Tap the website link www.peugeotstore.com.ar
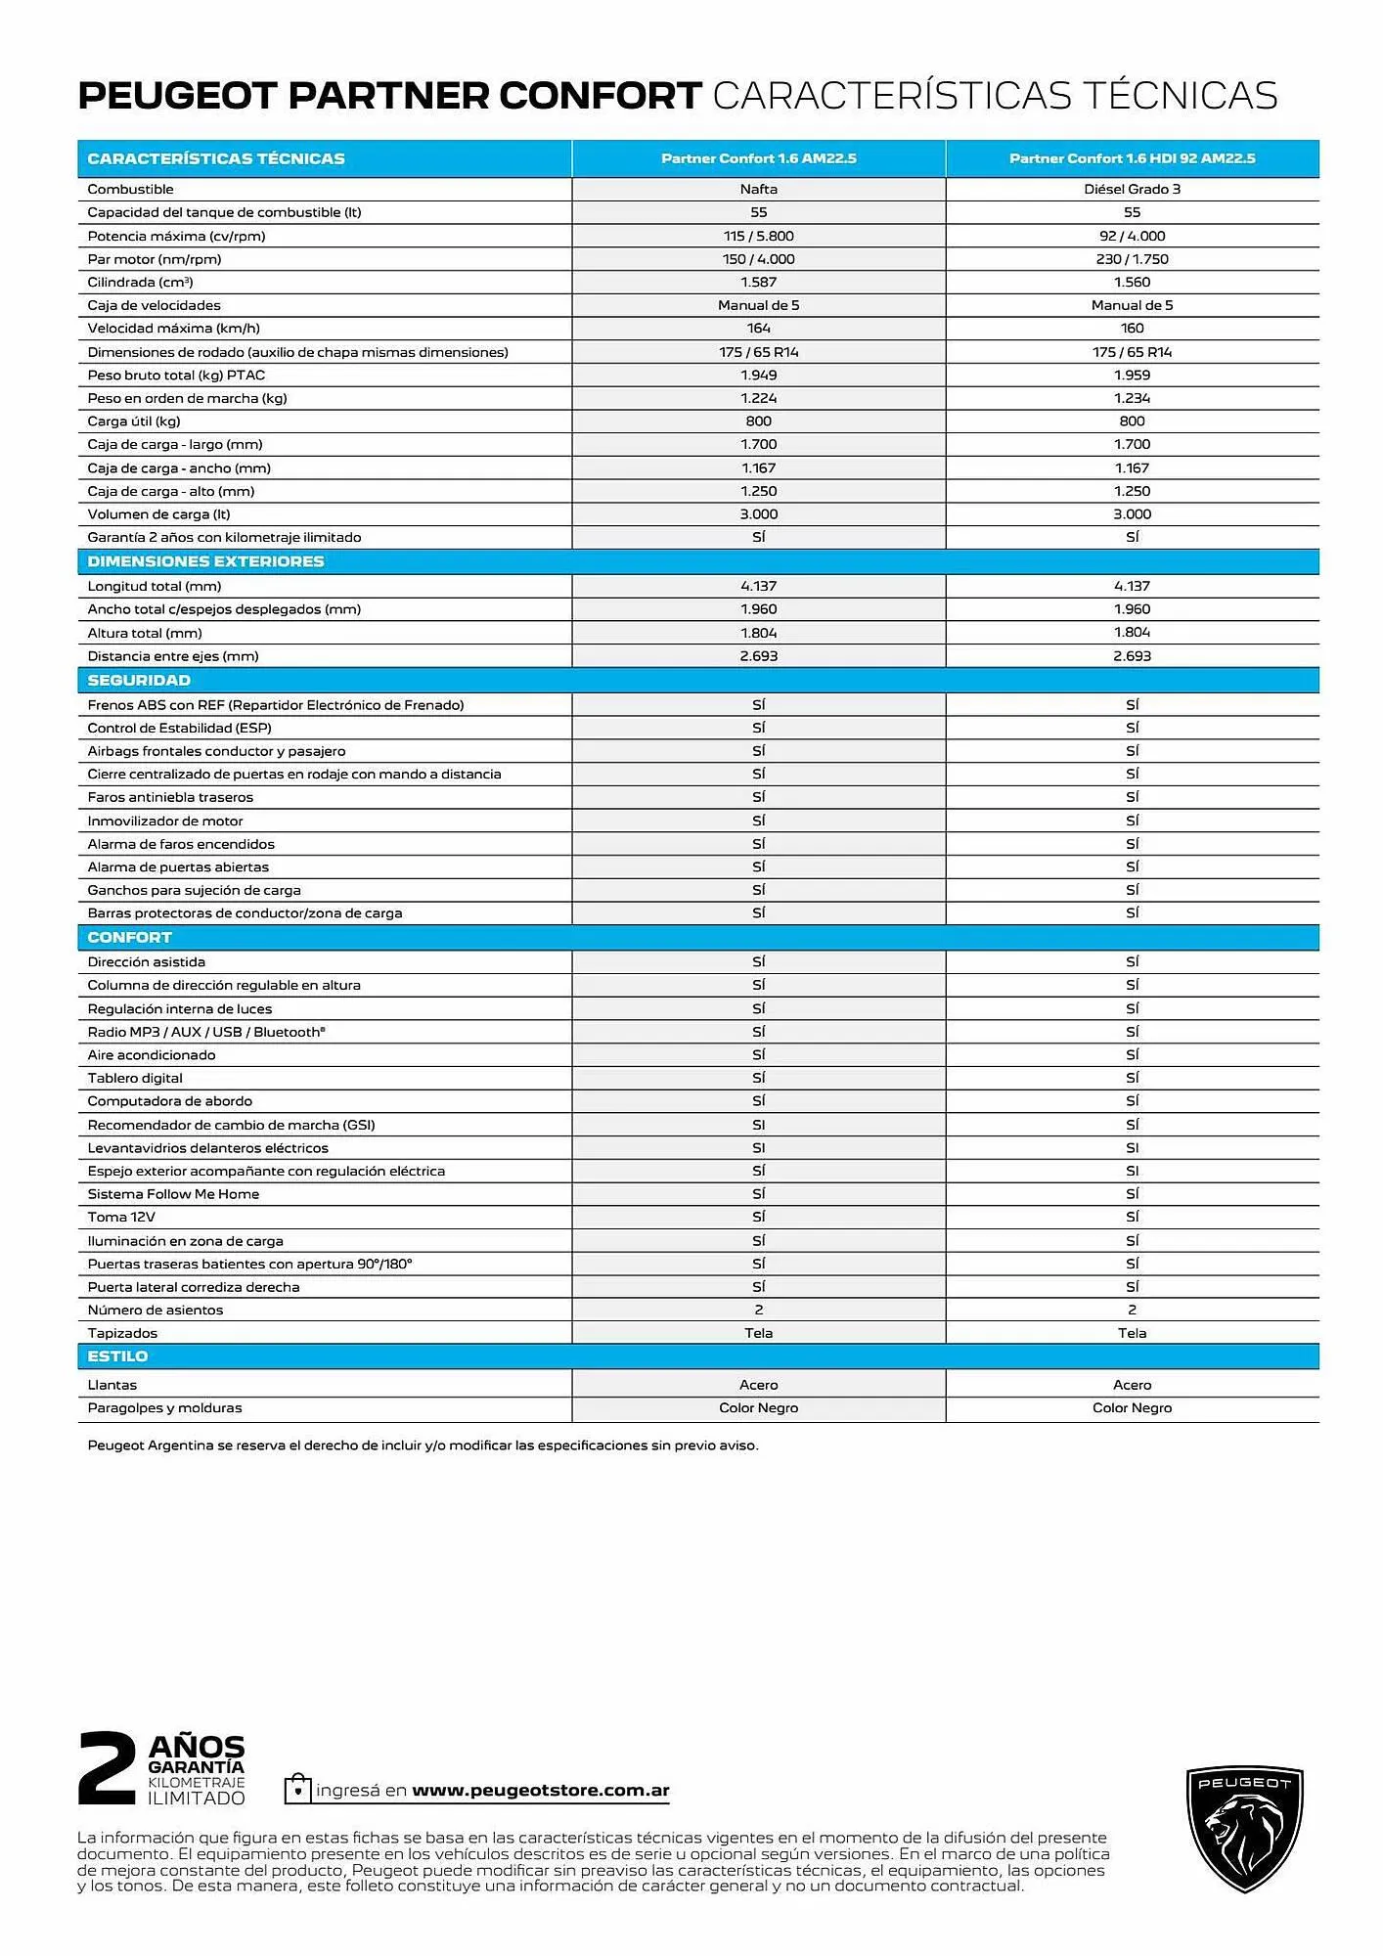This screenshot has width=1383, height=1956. pos(540,1791)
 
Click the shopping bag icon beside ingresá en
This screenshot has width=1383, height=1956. pos(297,1789)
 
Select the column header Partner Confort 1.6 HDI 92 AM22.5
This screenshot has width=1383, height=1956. pos(1132,158)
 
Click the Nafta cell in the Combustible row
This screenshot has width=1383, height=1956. pos(758,190)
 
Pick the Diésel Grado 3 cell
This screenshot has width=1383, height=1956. pos(1132,190)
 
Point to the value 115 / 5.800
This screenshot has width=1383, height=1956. pos(758,236)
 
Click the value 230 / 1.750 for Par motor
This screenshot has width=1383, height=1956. pos(1132,259)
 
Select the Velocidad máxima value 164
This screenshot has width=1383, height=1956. pos(758,329)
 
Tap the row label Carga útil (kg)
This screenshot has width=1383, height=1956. pos(134,422)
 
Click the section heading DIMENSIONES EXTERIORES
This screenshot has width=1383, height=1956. pos(205,561)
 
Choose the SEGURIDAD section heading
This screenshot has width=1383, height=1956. pos(139,680)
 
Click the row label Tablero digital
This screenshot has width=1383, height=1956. pos(135,1078)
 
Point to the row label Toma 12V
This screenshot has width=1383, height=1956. pos(121,1217)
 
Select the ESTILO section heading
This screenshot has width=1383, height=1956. pos(117,1356)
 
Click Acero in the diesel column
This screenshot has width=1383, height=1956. pos(1132,1385)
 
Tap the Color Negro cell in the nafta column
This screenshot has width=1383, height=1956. pos(758,1408)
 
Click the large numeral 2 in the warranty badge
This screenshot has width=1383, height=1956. pos(107,1768)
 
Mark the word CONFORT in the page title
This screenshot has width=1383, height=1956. pos(600,96)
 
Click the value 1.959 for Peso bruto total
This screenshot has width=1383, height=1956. pos(1132,376)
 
